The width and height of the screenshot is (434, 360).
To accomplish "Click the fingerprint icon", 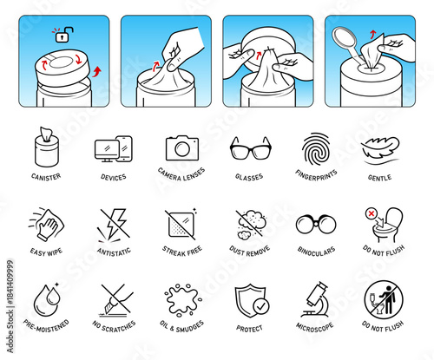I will tap(316, 147).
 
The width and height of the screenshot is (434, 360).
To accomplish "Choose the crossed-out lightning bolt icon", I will tap(115, 224).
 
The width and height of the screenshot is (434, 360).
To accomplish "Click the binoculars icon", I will tap(315, 225).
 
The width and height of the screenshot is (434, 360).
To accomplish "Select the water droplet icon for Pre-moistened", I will tap(47, 300).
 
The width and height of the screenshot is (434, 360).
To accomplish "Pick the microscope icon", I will tap(315, 299).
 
